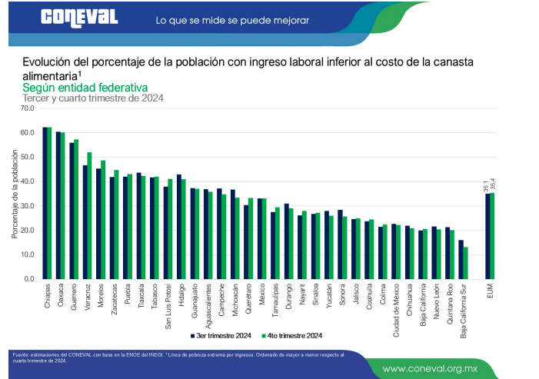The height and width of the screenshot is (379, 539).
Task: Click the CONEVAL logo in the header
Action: coord(79,18)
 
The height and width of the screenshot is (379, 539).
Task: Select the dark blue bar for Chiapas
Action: coord(45,203)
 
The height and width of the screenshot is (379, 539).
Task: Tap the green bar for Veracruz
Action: coord(89,215)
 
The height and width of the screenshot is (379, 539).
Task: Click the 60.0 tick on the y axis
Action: coord(28,132)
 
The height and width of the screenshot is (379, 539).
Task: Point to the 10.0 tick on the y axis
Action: coord(28,254)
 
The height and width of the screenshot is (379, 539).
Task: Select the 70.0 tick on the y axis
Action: coord(28,108)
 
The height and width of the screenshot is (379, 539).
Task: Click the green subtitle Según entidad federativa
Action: coord(85,88)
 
